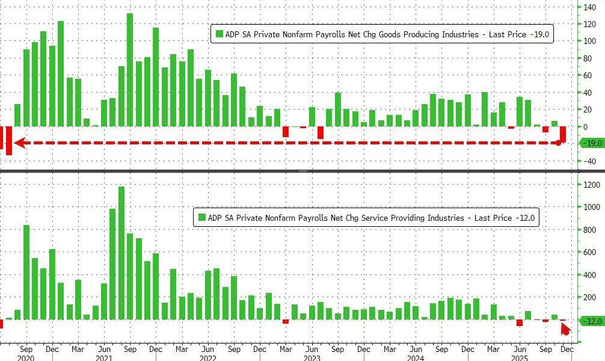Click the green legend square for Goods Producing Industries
click(x=219, y=34)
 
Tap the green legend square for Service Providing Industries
click(x=201, y=218)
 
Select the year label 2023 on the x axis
click(x=312, y=358)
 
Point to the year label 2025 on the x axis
click(x=520, y=358)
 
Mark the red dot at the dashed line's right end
click(x=559, y=143)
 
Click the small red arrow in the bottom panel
click(x=565, y=329)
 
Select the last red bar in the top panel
click(x=563, y=135)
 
